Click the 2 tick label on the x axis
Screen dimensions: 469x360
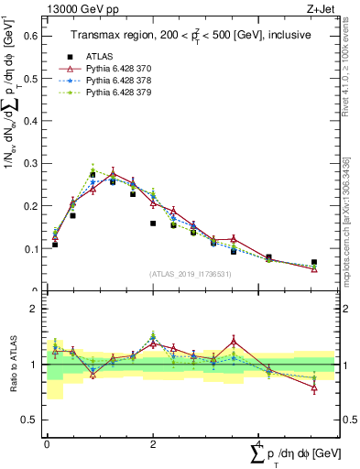tap(153, 444)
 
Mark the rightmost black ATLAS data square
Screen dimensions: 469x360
tap(314, 262)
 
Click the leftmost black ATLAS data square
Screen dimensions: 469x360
tap(55, 245)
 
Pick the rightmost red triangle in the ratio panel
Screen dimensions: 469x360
tap(314, 387)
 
